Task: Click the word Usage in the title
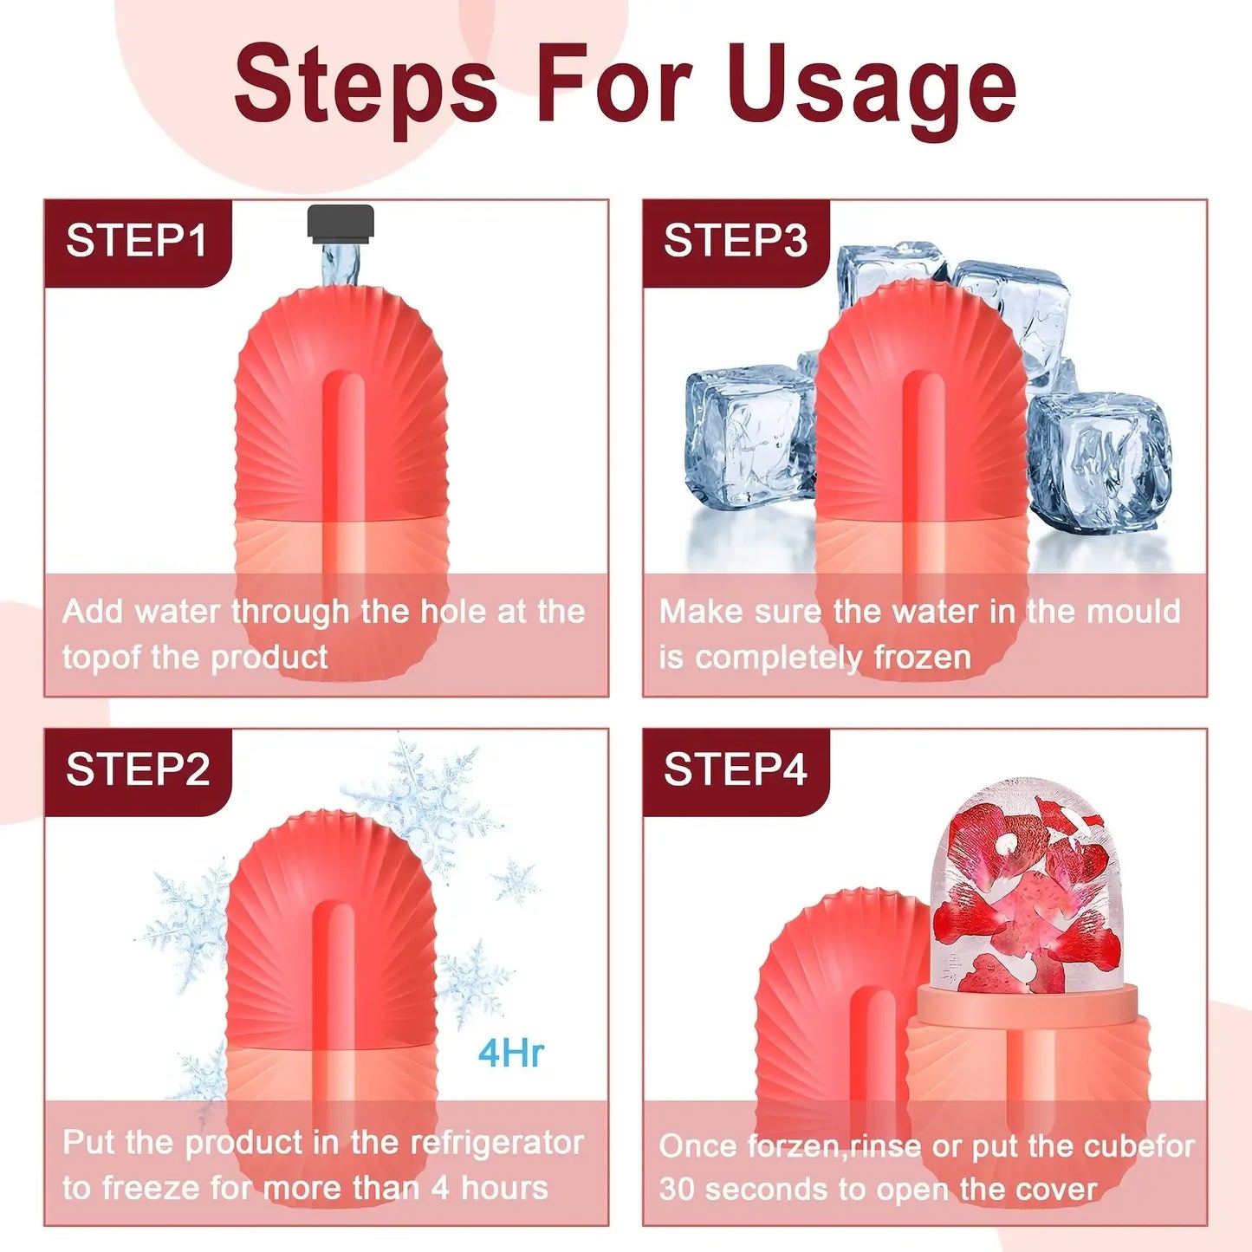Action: [872, 87]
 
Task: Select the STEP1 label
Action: [137, 241]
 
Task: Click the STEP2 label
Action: [138, 769]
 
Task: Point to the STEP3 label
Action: [736, 241]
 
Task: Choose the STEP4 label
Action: [736, 769]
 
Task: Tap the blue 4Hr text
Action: [511, 1054]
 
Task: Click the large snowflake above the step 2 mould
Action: [425, 801]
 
